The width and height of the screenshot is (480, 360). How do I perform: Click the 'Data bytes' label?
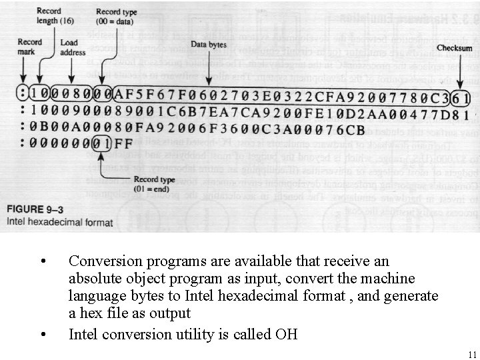point(209,45)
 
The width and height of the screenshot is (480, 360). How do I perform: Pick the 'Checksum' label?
point(454,48)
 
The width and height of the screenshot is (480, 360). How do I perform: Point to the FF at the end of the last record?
point(125,143)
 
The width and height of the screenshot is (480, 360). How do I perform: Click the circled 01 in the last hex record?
point(100,143)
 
